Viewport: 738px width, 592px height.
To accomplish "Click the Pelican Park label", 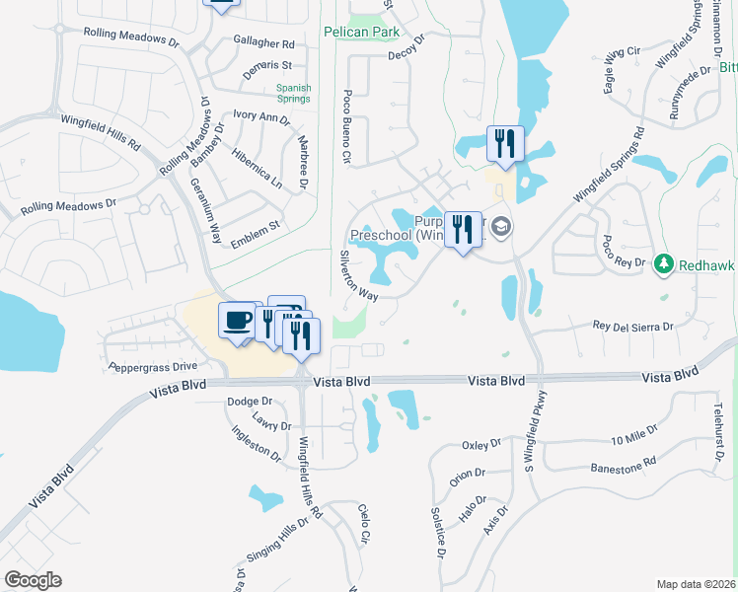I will pyautogui.click(x=361, y=32).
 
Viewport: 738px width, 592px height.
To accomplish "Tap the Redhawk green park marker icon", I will pyautogui.click(x=664, y=264).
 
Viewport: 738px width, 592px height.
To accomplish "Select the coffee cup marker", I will pyautogui.click(x=238, y=321).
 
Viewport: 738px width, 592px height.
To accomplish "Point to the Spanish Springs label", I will pyautogui.click(x=293, y=94).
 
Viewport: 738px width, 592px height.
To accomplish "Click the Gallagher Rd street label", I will pyautogui.click(x=264, y=44).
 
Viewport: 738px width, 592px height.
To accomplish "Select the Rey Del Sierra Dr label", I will pyautogui.click(x=632, y=326).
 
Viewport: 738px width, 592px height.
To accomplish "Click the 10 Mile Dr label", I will pyautogui.click(x=633, y=438).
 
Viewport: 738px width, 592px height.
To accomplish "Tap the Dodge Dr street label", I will pyautogui.click(x=249, y=402).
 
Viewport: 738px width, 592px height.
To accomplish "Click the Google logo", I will pyautogui.click(x=33, y=580).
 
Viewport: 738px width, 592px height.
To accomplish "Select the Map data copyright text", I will pyautogui.click(x=696, y=584).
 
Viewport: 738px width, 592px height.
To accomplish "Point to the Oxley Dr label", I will pyautogui.click(x=481, y=446).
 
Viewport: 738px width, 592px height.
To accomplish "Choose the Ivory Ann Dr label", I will pyautogui.click(x=260, y=117).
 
